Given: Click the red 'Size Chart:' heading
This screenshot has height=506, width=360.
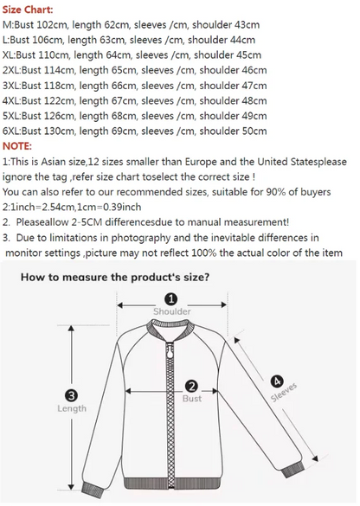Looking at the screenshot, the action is pos(28,10).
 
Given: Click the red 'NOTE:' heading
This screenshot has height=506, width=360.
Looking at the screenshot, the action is pos(17,146).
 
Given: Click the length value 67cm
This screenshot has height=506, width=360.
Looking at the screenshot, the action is pos(122,100).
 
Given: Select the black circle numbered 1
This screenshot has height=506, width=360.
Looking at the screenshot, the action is pos(171,299).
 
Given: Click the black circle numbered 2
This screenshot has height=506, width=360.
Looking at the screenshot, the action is pos(191,387).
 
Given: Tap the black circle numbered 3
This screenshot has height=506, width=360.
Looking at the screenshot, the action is pos(71,395).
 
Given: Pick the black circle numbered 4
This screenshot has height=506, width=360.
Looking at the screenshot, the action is pos(277,381).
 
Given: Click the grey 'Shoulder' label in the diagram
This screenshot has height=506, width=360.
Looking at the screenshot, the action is pos(171,311).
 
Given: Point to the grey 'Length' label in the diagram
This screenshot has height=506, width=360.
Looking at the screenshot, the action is pos(72,408).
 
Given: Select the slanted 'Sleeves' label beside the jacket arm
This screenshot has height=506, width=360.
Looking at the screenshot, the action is pos(284,393).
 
